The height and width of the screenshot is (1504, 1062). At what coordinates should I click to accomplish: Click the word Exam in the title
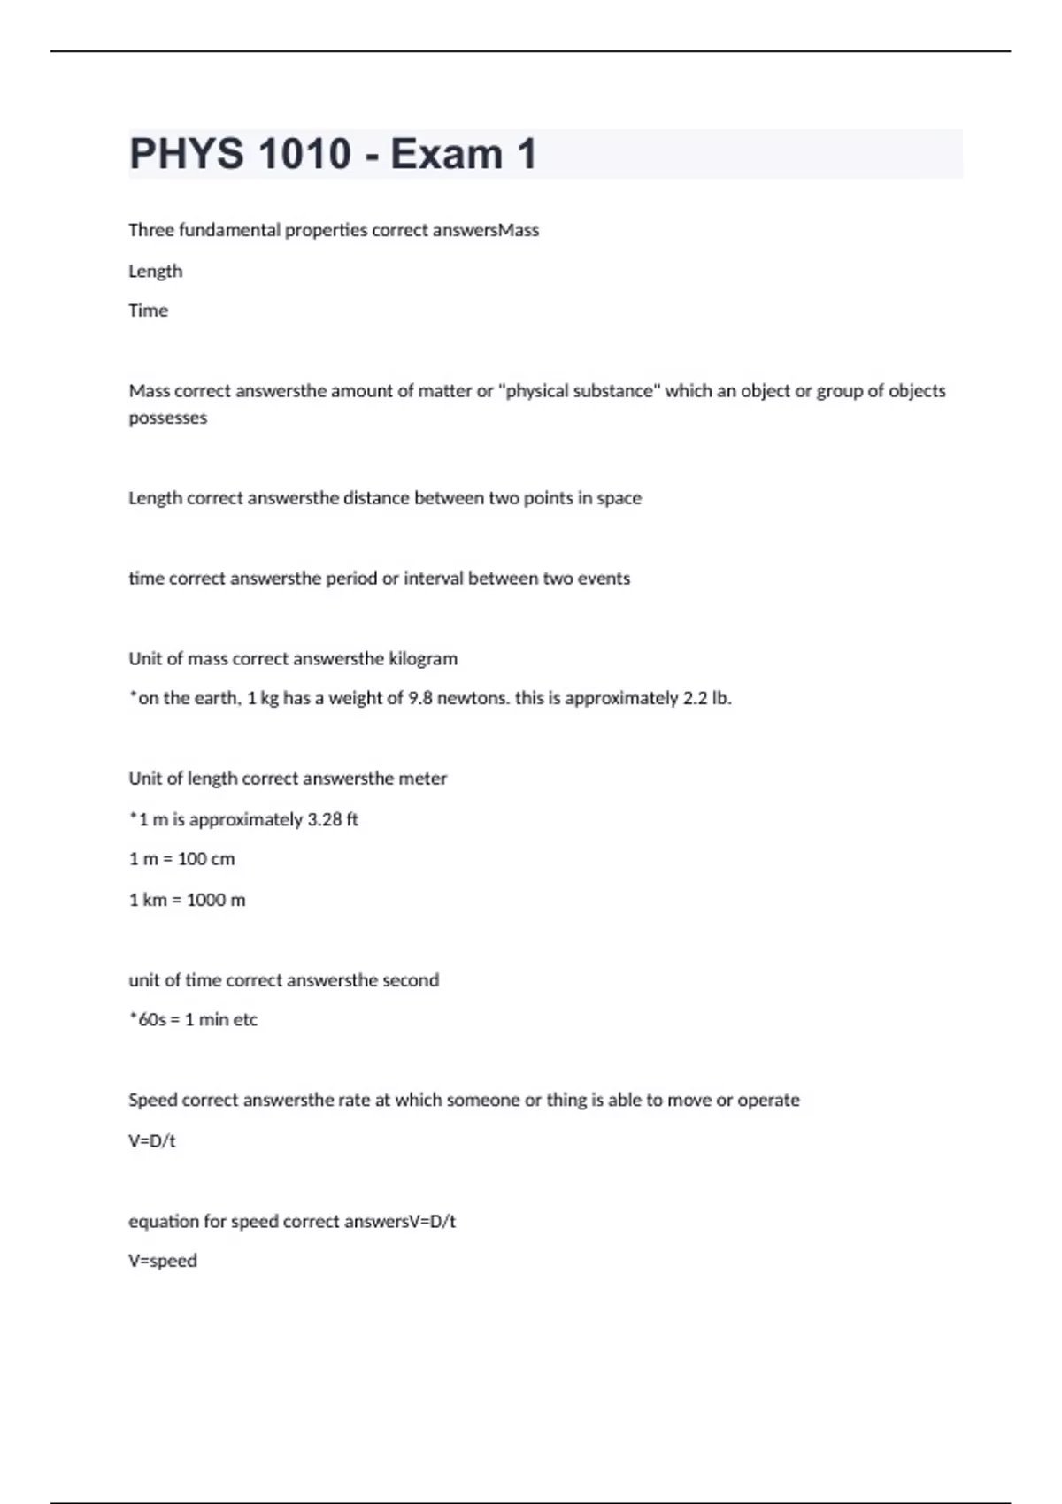[446, 154]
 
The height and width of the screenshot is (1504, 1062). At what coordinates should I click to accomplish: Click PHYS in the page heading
[186, 154]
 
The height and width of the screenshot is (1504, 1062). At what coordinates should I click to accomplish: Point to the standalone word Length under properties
[155, 271]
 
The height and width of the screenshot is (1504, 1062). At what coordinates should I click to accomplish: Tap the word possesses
[167, 418]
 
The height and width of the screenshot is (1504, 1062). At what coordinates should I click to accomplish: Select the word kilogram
[423, 659]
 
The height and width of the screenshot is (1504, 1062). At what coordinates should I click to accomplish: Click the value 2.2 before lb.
[695, 698]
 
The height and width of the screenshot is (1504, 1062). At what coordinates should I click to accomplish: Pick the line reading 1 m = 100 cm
[181, 859]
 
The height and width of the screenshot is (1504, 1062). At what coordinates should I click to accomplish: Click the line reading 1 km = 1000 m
[187, 900]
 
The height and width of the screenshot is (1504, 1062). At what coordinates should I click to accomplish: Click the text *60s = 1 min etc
[193, 1020]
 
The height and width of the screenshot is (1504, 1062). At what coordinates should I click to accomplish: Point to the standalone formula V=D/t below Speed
[152, 1141]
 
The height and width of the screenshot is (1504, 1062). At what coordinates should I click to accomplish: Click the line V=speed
[163, 1261]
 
